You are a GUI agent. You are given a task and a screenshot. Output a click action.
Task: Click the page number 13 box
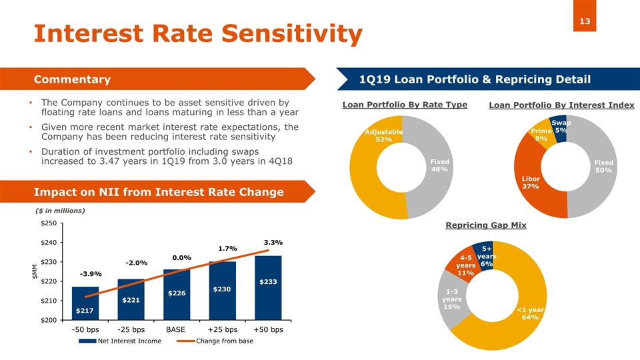[x=585, y=16]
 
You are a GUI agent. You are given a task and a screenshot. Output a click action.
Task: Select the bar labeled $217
[x=85, y=303]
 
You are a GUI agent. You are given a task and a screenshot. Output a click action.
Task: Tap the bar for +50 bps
[x=268, y=288]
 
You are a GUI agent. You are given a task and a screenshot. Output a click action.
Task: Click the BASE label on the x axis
[x=175, y=329]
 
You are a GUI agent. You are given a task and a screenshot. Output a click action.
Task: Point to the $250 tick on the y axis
[x=49, y=223]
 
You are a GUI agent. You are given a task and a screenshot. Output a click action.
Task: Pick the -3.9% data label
[x=91, y=274]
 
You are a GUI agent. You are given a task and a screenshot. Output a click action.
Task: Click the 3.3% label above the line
[x=273, y=243]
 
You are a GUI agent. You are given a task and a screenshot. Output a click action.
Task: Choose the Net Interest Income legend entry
[x=120, y=341]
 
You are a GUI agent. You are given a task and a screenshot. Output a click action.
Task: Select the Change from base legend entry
[x=215, y=341]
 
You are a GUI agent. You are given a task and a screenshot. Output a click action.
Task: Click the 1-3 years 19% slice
[x=451, y=299]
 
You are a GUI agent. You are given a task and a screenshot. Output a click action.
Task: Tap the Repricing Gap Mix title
[x=486, y=225]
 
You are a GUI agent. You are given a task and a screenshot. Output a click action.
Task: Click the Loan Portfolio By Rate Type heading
[x=405, y=105]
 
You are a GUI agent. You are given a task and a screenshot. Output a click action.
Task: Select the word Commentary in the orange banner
[x=72, y=79]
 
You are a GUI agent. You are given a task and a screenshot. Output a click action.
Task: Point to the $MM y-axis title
[x=35, y=271]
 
